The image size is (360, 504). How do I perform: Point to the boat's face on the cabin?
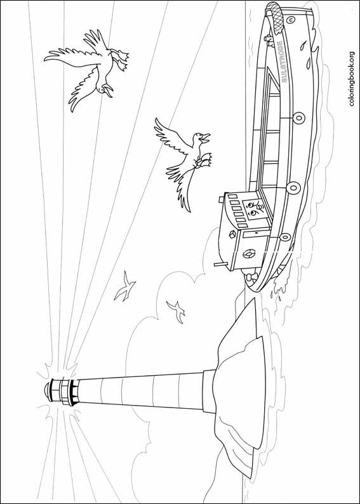(255, 209)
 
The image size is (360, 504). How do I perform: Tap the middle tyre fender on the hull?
(293, 187)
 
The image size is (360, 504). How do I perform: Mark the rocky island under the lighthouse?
(238, 387)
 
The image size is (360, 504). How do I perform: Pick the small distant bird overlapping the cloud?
(175, 310)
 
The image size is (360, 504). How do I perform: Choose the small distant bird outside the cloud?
(126, 286)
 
